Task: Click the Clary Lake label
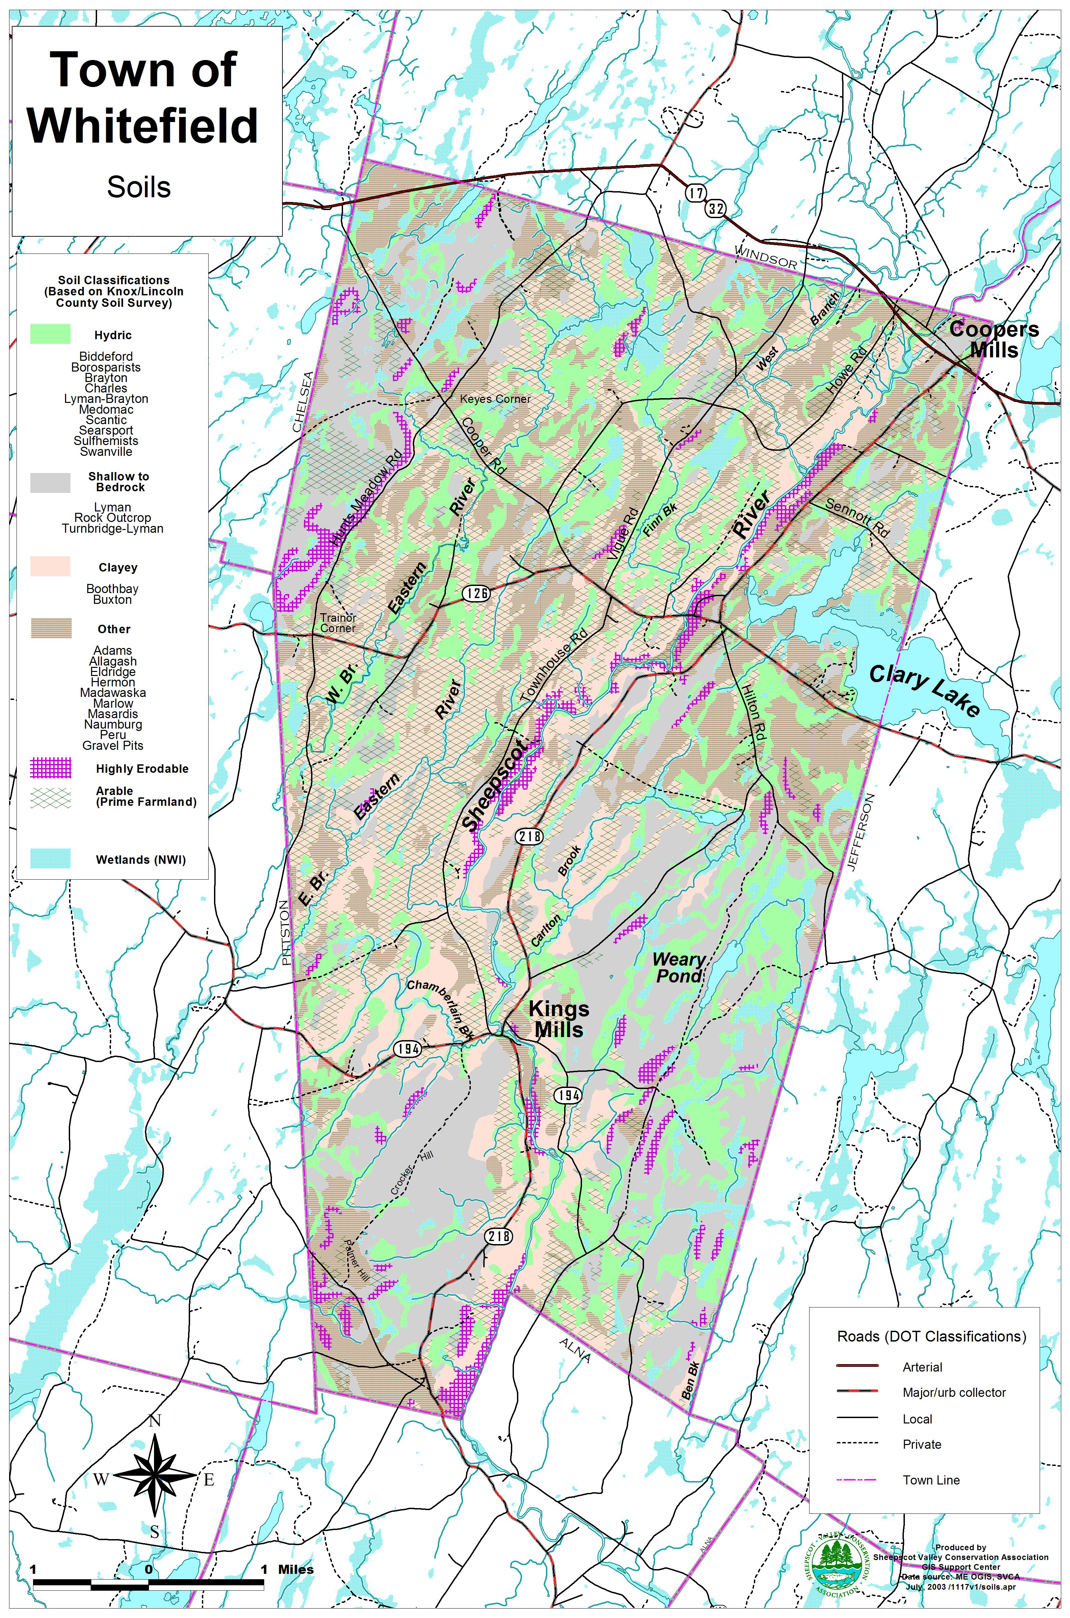click(925, 691)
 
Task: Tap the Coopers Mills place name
click(994, 339)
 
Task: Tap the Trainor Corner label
click(338, 623)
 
